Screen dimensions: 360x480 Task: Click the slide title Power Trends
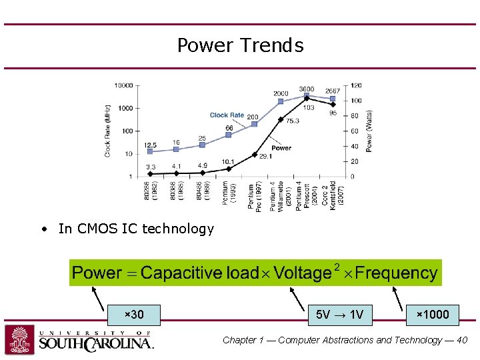[x=240, y=45]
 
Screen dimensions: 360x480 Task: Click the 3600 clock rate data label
[x=306, y=89]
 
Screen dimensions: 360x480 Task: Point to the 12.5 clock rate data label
[x=151, y=145]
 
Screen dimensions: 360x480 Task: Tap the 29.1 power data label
[x=265, y=157]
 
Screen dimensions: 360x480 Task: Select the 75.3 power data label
[x=292, y=121]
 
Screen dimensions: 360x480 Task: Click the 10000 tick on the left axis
[x=123, y=85]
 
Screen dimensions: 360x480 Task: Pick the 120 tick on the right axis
[x=356, y=85]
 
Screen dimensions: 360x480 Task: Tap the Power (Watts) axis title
[x=369, y=131]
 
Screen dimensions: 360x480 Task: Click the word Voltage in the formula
[x=302, y=273]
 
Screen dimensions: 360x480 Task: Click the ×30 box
[x=134, y=314]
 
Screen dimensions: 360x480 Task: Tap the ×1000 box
[x=433, y=314]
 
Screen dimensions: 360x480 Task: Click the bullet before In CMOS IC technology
[x=43, y=229]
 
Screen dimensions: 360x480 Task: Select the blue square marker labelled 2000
[x=281, y=101]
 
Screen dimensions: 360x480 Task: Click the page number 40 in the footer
[x=462, y=340]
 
